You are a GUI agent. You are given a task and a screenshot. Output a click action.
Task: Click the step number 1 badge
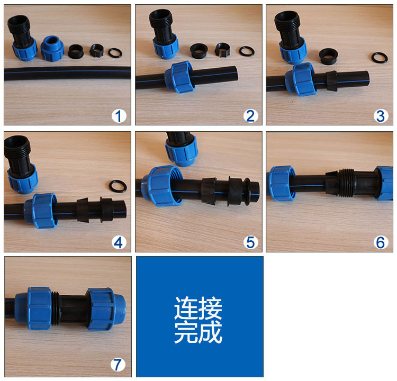coord(119,116)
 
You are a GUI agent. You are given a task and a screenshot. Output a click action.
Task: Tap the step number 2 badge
coord(251,116)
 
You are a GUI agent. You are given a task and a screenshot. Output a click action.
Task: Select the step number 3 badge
coord(381,116)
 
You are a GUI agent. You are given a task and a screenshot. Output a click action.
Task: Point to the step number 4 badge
coord(119,242)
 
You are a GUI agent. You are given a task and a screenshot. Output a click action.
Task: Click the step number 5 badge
coord(251,242)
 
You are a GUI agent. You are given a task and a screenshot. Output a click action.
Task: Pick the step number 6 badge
coord(381,242)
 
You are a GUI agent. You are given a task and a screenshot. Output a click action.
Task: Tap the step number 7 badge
coord(118,365)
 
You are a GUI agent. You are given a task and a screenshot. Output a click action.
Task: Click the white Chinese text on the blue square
coord(198,320)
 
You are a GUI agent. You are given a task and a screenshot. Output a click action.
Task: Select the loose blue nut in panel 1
coord(52,48)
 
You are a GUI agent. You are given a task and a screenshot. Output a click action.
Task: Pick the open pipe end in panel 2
coord(236,74)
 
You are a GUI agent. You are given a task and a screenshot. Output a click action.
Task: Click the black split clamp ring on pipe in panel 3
coord(332,81)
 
